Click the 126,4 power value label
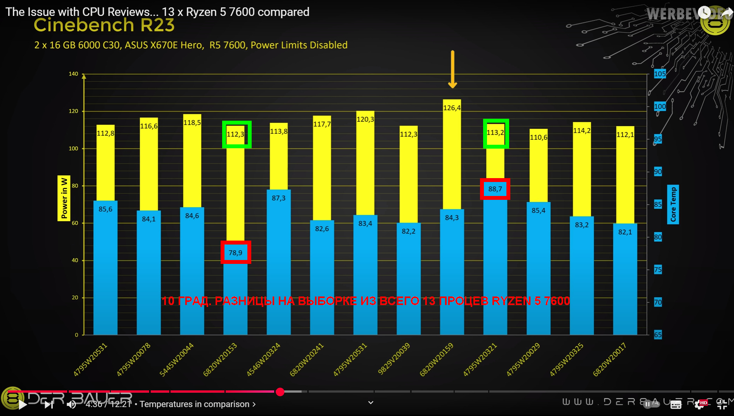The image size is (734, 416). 452,108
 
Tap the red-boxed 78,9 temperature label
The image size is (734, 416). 235,253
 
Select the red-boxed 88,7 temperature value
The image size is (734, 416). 495,189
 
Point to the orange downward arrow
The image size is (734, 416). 452,69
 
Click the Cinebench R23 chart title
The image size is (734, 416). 104,25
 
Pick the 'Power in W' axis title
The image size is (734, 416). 64,198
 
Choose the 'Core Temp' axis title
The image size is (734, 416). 673,204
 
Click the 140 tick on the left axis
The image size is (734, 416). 73,74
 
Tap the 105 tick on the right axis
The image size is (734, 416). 659,74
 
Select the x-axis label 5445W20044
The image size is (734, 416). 177,360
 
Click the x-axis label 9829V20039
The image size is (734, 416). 394,360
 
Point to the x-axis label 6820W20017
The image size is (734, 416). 609,360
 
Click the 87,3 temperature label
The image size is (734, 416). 278,198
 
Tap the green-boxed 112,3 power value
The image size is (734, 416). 236,134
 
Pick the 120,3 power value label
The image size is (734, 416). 365,119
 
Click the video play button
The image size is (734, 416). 23,405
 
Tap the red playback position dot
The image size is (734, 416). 280,392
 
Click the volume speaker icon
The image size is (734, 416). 71,405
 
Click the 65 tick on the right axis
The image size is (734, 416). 657,335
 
